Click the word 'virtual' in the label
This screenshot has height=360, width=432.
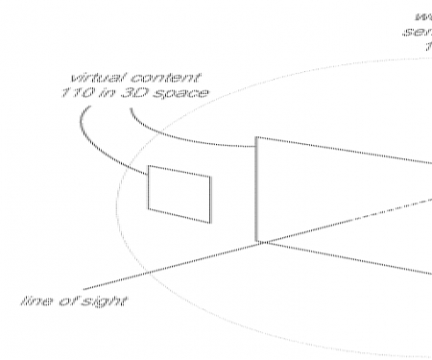pyautogui.click(x=94, y=76)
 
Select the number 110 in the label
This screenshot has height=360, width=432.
pyautogui.click(x=92, y=93)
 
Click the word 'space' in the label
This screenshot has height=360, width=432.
pyautogui.click(x=185, y=93)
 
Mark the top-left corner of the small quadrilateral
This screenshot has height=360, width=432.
pyautogui.click(x=148, y=167)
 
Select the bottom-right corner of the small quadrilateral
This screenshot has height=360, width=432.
pyautogui.click(x=209, y=223)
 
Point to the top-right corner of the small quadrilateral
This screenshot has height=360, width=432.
pyautogui.click(x=212, y=176)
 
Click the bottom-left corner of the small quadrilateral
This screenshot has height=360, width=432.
pyautogui.click(x=148, y=207)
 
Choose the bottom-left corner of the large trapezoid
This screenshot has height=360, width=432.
pyautogui.click(x=256, y=242)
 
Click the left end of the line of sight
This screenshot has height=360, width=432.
pyautogui.click(x=84, y=288)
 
